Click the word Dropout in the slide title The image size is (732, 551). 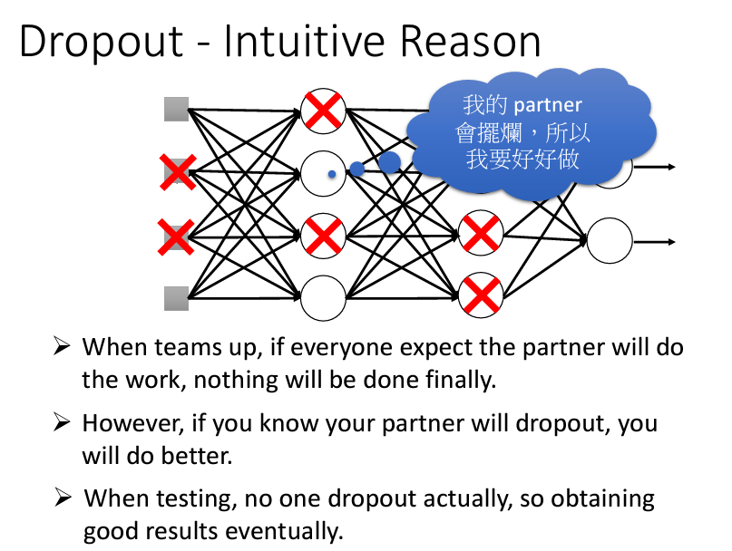102,42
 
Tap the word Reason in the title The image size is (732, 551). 470,41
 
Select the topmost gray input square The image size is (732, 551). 177,109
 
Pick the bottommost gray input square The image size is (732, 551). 177,298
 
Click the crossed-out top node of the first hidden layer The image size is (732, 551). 323,111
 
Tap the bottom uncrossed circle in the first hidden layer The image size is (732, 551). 323,298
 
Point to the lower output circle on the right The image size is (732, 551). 610,241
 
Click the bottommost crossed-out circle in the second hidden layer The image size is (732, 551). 481,295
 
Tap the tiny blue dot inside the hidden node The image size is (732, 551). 332,174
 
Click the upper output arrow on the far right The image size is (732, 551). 654,167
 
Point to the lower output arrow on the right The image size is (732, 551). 654,242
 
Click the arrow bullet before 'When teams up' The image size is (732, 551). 62,346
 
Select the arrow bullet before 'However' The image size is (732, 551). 62,422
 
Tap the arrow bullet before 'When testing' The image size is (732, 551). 63,498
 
